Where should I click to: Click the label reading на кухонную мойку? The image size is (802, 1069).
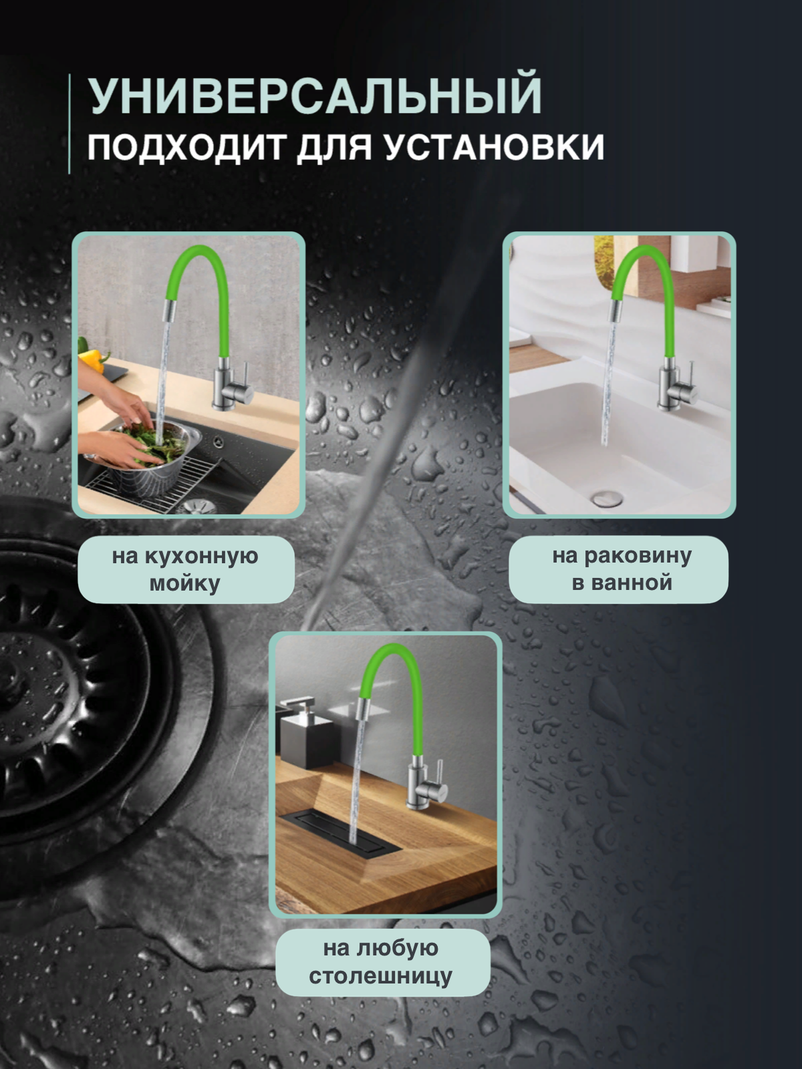click(185, 569)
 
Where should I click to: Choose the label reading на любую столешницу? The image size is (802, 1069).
click(380, 962)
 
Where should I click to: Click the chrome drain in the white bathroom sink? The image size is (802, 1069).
click(607, 498)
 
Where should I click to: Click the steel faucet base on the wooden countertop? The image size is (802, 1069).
click(419, 787)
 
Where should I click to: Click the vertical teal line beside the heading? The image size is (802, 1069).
click(70, 124)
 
